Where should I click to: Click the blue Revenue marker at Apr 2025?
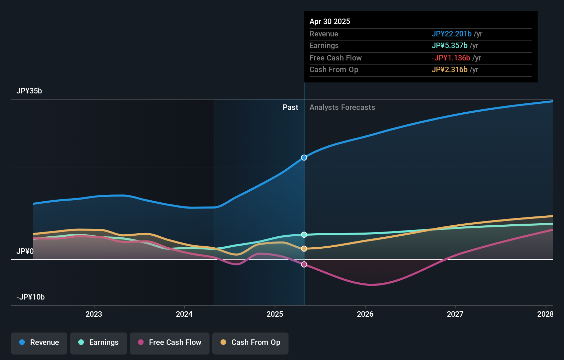click(x=304, y=158)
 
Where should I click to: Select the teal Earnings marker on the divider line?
click(x=304, y=235)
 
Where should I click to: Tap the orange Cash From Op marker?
click(x=304, y=248)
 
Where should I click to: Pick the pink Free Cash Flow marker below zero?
click(x=304, y=264)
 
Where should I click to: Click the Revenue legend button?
click(x=39, y=342)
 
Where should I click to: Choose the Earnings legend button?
click(x=99, y=342)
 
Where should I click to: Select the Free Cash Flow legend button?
click(x=170, y=342)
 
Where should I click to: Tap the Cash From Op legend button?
click(x=250, y=342)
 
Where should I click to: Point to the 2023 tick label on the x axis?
click(x=94, y=314)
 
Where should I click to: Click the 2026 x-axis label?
click(x=365, y=314)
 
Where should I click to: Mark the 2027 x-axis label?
click(x=455, y=314)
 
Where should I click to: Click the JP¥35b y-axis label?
click(x=29, y=91)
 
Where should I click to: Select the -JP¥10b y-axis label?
click(x=31, y=297)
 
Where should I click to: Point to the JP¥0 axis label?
click(x=25, y=251)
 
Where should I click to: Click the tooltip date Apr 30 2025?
click(x=330, y=22)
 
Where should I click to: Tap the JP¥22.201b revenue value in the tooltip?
click(x=451, y=34)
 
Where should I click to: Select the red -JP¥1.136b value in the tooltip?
click(x=451, y=58)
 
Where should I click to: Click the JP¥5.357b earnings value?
click(x=449, y=46)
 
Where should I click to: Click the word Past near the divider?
click(x=290, y=108)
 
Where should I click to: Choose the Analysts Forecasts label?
click(x=342, y=108)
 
